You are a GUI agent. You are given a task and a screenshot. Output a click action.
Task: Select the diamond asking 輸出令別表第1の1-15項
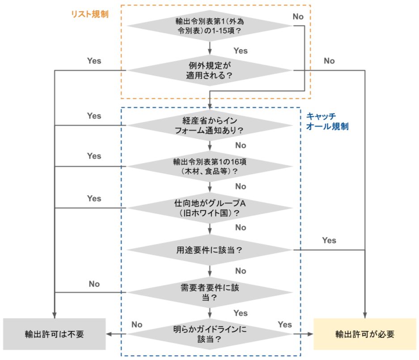(210, 26)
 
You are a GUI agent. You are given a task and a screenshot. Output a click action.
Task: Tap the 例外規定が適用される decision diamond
(210, 71)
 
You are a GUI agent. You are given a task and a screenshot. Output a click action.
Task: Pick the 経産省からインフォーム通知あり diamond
(210, 126)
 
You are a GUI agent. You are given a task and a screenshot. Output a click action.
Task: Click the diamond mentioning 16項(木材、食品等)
(210, 166)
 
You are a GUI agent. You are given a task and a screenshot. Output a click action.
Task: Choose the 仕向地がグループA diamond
(210, 208)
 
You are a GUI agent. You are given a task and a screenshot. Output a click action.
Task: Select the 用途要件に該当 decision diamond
(210, 250)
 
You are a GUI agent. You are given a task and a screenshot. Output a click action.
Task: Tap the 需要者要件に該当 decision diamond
(210, 293)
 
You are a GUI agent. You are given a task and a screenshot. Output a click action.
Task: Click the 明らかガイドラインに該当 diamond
(210, 334)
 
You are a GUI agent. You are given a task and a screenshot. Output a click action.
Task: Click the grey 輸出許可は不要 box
(54, 334)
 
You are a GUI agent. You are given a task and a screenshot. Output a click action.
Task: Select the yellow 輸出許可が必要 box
(365, 334)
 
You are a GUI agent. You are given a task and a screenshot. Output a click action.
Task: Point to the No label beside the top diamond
(298, 17)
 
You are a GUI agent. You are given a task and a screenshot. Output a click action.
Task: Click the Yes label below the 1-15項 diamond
(240, 50)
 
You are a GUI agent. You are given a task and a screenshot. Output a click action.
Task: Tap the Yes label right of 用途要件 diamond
(329, 240)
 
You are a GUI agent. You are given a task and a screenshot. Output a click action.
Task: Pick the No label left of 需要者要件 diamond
(94, 284)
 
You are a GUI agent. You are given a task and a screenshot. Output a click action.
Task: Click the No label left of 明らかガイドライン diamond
(137, 324)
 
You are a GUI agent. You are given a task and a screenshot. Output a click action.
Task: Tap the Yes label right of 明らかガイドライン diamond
(284, 324)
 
